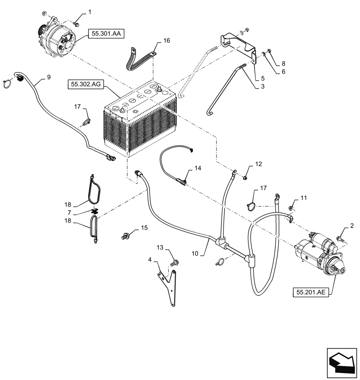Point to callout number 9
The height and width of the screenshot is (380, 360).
point(48,77)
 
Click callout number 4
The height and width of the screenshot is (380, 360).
point(150,260)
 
